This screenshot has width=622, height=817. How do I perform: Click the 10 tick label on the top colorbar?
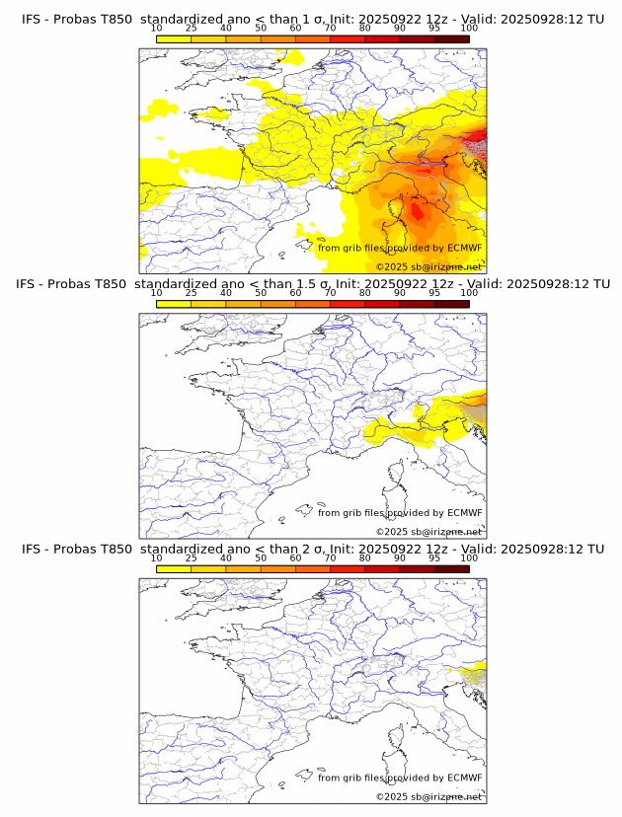tap(156, 29)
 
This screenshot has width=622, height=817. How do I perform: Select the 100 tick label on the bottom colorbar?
tap(469, 557)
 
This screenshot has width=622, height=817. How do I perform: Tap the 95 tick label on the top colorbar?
tap(433, 29)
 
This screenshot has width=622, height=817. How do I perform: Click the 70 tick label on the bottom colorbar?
tap(330, 557)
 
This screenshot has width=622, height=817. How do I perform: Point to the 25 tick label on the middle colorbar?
tap(191, 293)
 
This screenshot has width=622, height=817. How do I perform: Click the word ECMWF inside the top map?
tap(464, 248)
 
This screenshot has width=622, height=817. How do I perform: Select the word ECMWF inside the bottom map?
tap(464, 778)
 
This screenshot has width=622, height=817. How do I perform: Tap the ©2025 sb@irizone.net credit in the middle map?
tap(428, 532)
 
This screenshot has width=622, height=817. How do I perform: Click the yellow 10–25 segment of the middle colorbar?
tap(174, 303)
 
